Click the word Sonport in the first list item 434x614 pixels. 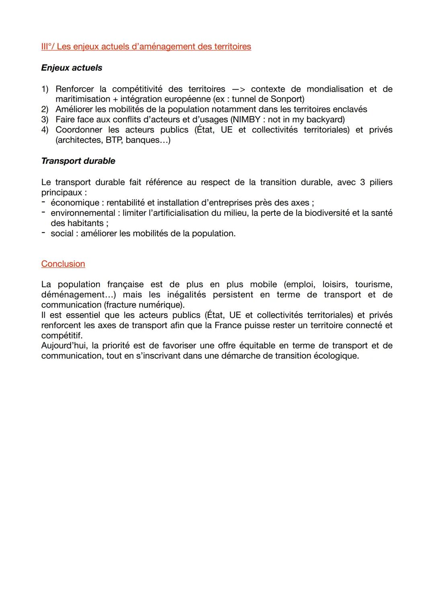[x=286, y=99]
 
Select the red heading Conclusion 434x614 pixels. [x=63, y=264]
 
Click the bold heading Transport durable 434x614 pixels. [x=78, y=161]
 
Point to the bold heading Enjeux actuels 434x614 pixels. [x=72, y=68]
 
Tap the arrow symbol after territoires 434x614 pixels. [x=238, y=89]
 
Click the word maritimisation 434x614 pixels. [x=83, y=99]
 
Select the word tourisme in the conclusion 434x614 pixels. [x=373, y=284]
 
